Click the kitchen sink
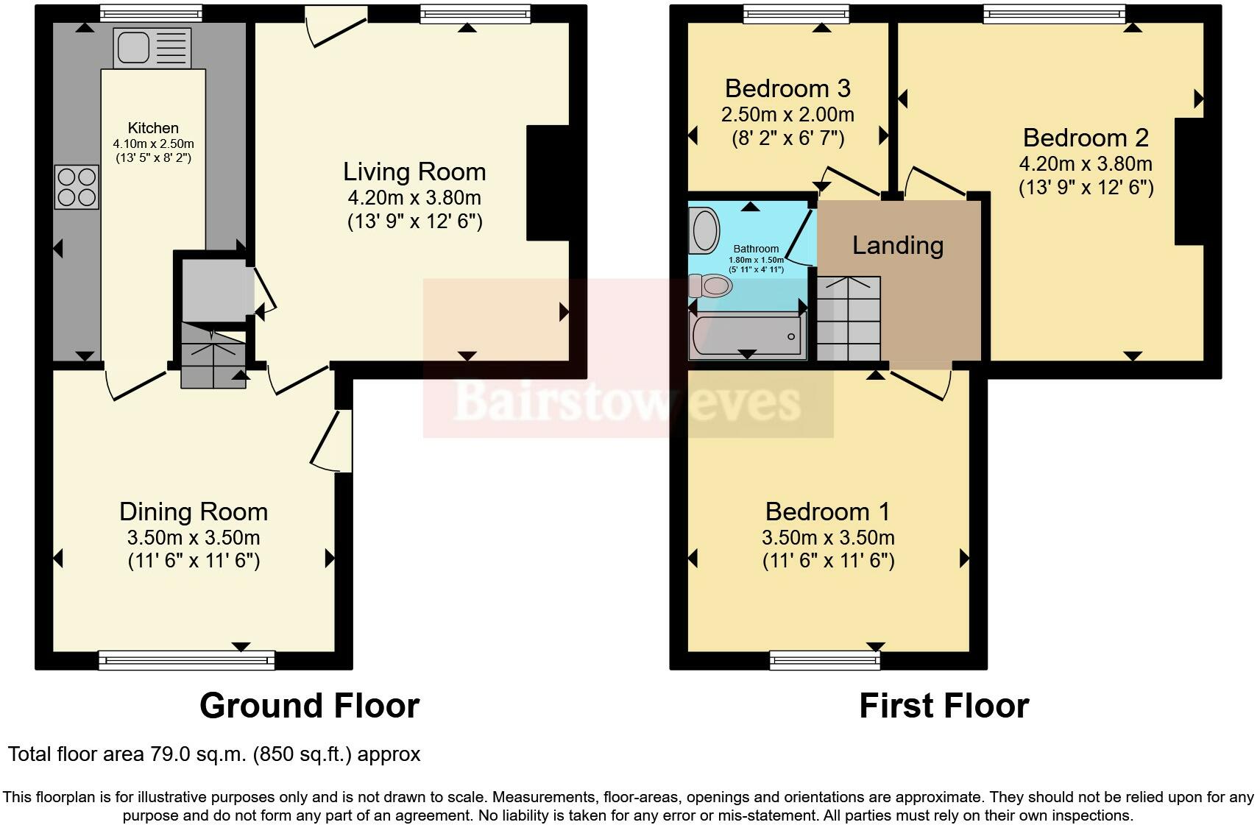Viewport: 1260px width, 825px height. pyautogui.click(x=152, y=48)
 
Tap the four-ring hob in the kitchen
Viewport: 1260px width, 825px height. pyautogui.click(x=77, y=187)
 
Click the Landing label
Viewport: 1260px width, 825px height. pyautogui.click(x=897, y=245)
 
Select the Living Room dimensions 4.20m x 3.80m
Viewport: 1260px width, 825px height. pyautogui.click(x=414, y=197)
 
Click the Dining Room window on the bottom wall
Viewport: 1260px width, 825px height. pyautogui.click(x=187, y=660)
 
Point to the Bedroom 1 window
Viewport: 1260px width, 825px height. pyautogui.click(x=825, y=660)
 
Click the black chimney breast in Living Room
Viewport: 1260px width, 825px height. pyautogui.click(x=548, y=183)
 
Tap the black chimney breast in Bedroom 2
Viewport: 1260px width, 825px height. pyautogui.click(x=1189, y=181)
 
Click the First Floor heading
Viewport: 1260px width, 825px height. pyautogui.click(x=944, y=706)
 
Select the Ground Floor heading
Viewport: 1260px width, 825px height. pyautogui.click(x=309, y=706)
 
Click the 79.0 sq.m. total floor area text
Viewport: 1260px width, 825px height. pyautogui.click(x=213, y=754)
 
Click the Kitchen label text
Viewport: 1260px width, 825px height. pyautogui.click(x=153, y=128)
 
